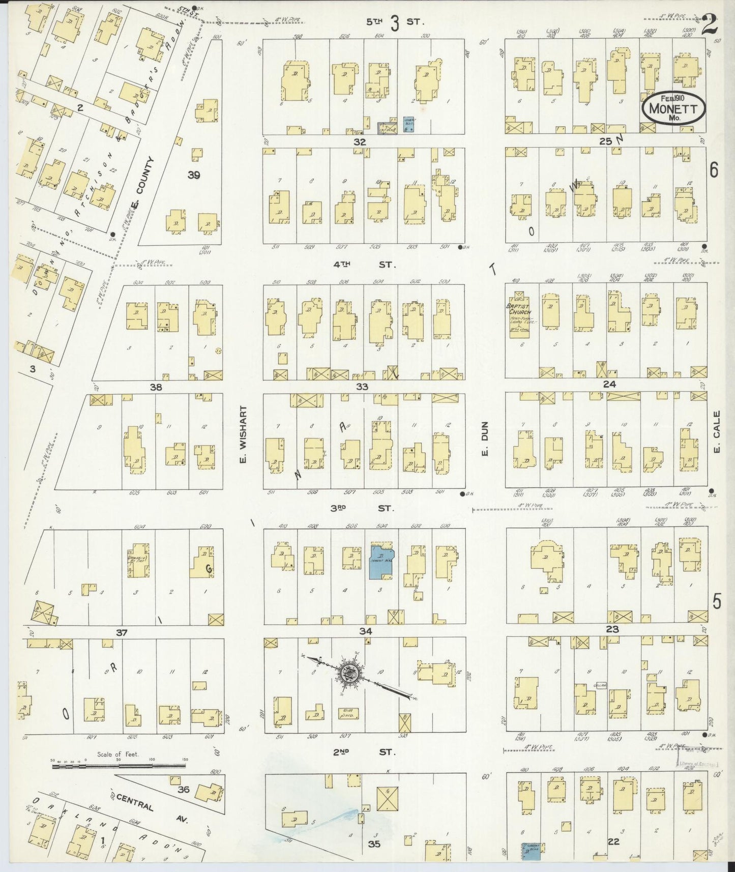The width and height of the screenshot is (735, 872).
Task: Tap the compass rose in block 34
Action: coord(350,673)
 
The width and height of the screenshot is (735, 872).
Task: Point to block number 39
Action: coord(193,176)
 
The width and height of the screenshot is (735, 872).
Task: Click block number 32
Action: coord(360,142)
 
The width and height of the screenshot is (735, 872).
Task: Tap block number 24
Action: coord(609,384)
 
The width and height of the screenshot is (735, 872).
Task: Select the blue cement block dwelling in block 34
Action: coord(381,562)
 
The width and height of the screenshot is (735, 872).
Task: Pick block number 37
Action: coord(121,632)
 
